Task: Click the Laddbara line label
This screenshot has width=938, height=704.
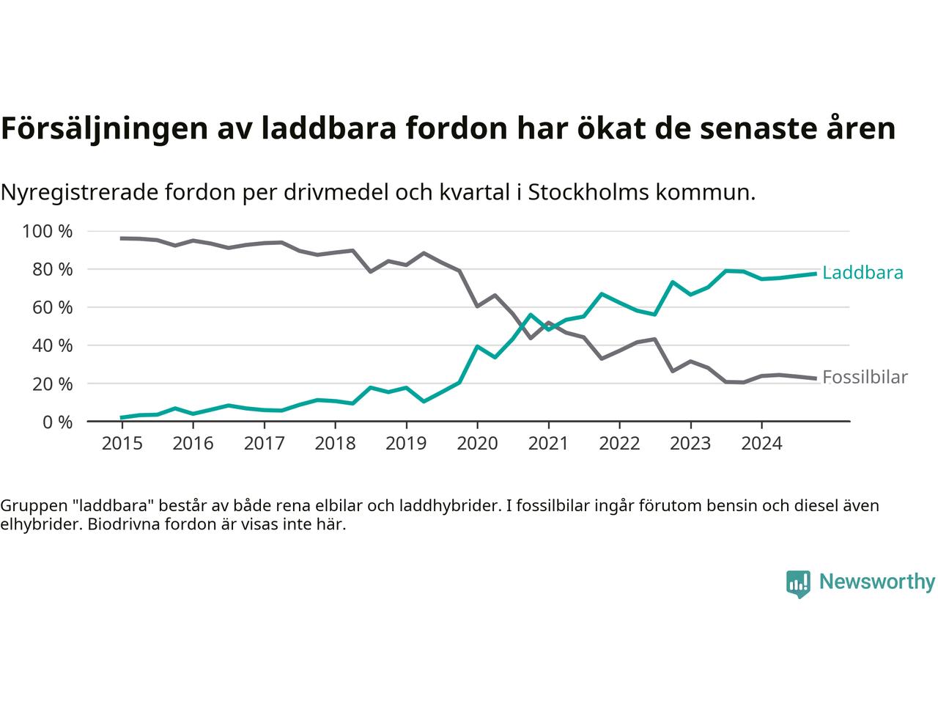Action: (863, 273)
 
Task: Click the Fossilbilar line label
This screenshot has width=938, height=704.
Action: (865, 377)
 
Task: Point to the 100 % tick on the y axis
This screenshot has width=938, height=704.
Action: (48, 232)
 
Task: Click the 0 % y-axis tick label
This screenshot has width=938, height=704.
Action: (56, 422)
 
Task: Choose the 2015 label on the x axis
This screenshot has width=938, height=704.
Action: (122, 444)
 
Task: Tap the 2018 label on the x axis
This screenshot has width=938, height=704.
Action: (335, 444)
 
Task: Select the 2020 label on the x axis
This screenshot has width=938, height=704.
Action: (477, 444)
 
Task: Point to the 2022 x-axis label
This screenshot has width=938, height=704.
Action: (619, 444)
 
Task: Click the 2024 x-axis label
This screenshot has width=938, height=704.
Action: (761, 444)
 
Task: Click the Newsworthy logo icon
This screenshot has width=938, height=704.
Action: (798, 584)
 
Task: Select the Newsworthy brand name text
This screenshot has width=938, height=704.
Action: (876, 582)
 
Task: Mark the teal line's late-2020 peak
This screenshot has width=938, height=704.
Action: (531, 315)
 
